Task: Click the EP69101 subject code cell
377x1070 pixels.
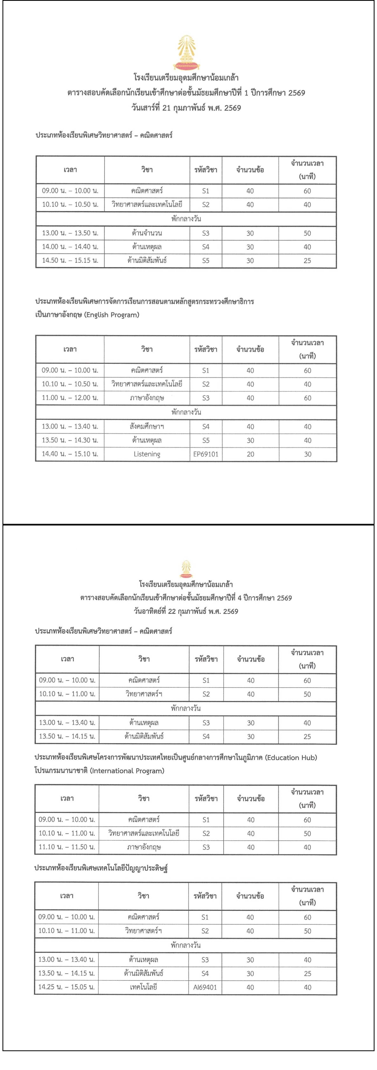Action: [x=206, y=454]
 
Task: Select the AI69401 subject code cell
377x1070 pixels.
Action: [x=205, y=987]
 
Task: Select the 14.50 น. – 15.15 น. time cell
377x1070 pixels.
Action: [x=70, y=261]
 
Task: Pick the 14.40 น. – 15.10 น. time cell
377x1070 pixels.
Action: [x=70, y=454]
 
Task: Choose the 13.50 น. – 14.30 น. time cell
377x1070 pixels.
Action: [x=70, y=440]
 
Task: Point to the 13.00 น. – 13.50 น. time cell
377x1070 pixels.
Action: [x=70, y=233]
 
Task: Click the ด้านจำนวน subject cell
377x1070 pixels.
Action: [x=147, y=233]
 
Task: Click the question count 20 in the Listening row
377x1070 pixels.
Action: [x=250, y=454]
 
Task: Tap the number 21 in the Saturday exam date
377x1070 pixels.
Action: [x=166, y=108]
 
